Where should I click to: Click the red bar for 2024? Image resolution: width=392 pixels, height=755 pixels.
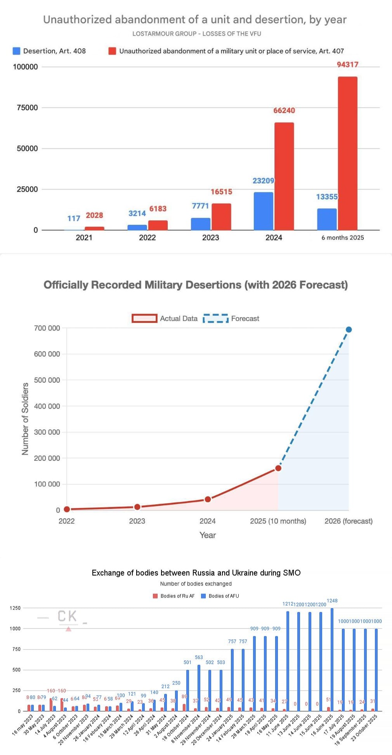(284, 177)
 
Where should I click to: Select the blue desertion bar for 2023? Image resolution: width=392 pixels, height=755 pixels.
(201, 224)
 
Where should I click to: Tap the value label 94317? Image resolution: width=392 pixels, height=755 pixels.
(347, 64)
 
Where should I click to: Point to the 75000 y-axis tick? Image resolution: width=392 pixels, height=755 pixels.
(27, 108)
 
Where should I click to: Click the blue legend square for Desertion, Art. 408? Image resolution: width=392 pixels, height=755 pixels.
(17, 51)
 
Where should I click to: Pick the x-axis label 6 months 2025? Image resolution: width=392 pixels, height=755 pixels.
(343, 238)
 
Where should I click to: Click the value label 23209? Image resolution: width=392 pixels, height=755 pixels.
(263, 181)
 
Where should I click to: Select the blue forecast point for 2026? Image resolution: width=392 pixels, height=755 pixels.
(349, 330)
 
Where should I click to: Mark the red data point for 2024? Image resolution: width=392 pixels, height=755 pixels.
(208, 499)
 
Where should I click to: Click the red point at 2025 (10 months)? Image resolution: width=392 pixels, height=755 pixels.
(278, 468)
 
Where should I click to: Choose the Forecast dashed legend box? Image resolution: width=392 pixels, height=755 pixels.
(215, 319)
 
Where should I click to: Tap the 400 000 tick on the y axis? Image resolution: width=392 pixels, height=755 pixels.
(47, 406)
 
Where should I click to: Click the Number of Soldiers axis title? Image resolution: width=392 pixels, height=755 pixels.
(25, 418)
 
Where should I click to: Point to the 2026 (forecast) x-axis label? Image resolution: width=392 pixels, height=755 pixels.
(348, 521)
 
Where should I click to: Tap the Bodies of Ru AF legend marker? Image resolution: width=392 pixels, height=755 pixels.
(155, 596)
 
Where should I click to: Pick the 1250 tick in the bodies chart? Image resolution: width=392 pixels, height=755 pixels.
(15, 608)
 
